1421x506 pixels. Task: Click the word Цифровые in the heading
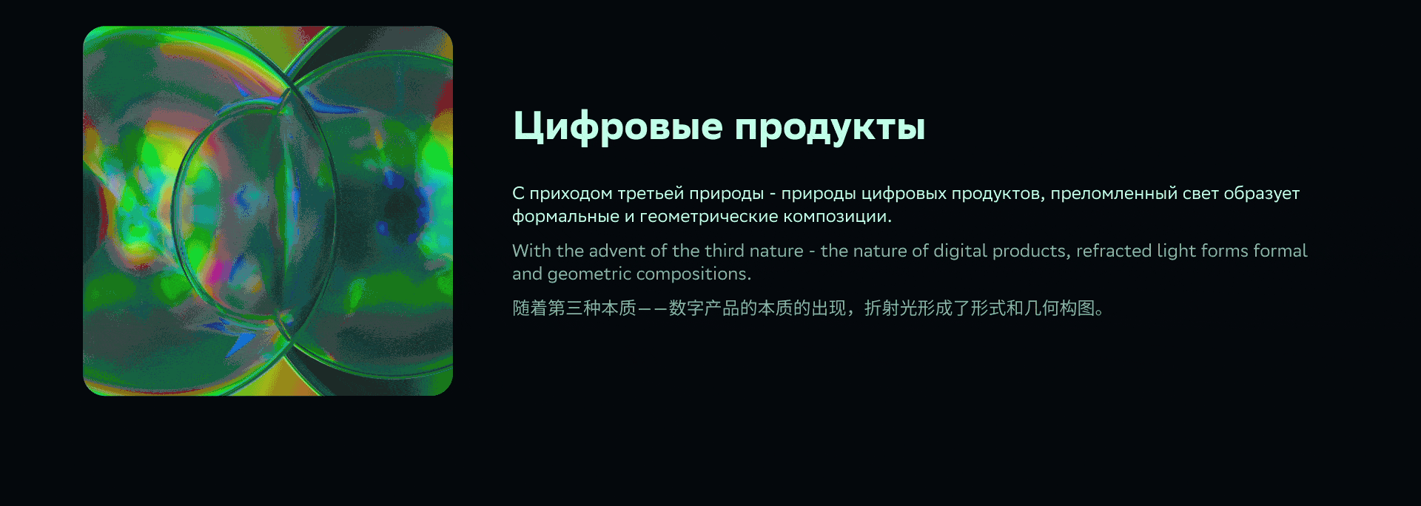click(617, 126)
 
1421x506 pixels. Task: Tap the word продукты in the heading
click(830, 127)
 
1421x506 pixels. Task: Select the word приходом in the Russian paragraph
click(571, 194)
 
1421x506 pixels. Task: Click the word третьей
click(651, 194)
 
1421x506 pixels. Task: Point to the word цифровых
click(904, 194)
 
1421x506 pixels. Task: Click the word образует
click(1261, 194)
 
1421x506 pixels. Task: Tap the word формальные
click(566, 217)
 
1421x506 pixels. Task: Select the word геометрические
click(709, 217)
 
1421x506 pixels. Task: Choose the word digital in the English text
click(960, 252)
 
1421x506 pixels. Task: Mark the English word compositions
click(693, 274)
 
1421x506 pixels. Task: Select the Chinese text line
click(808, 308)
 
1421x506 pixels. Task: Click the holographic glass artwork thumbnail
click(268, 211)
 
